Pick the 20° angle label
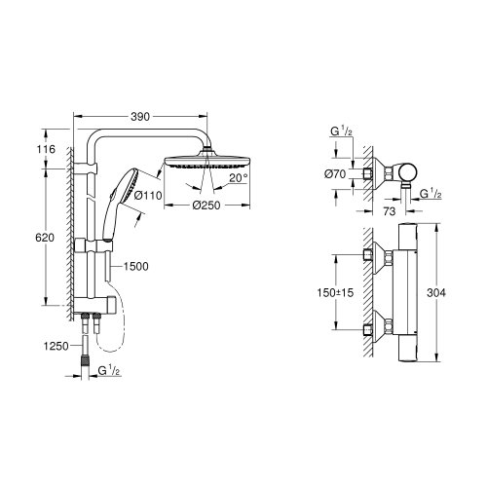[x=240, y=178]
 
